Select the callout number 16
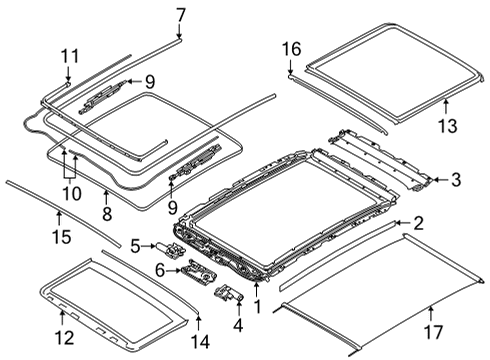click(291, 48)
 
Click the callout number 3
click(455, 180)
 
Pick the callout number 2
click(418, 224)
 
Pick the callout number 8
click(106, 212)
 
